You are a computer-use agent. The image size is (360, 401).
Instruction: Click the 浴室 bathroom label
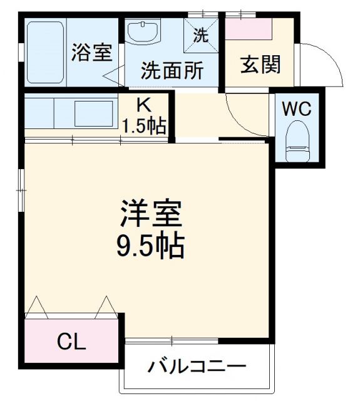pos(91,53)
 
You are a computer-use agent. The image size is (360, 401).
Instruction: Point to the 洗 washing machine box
pos(200,35)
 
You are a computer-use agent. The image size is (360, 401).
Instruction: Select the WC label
pos(296,108)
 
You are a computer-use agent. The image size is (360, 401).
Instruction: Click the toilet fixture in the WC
pos(297,143)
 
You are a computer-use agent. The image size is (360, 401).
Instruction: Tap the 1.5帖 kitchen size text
pos(143,125)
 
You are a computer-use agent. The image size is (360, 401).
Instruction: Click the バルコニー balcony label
pos(197,366)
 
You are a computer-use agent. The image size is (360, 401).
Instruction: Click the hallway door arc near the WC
pos(247,116)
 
